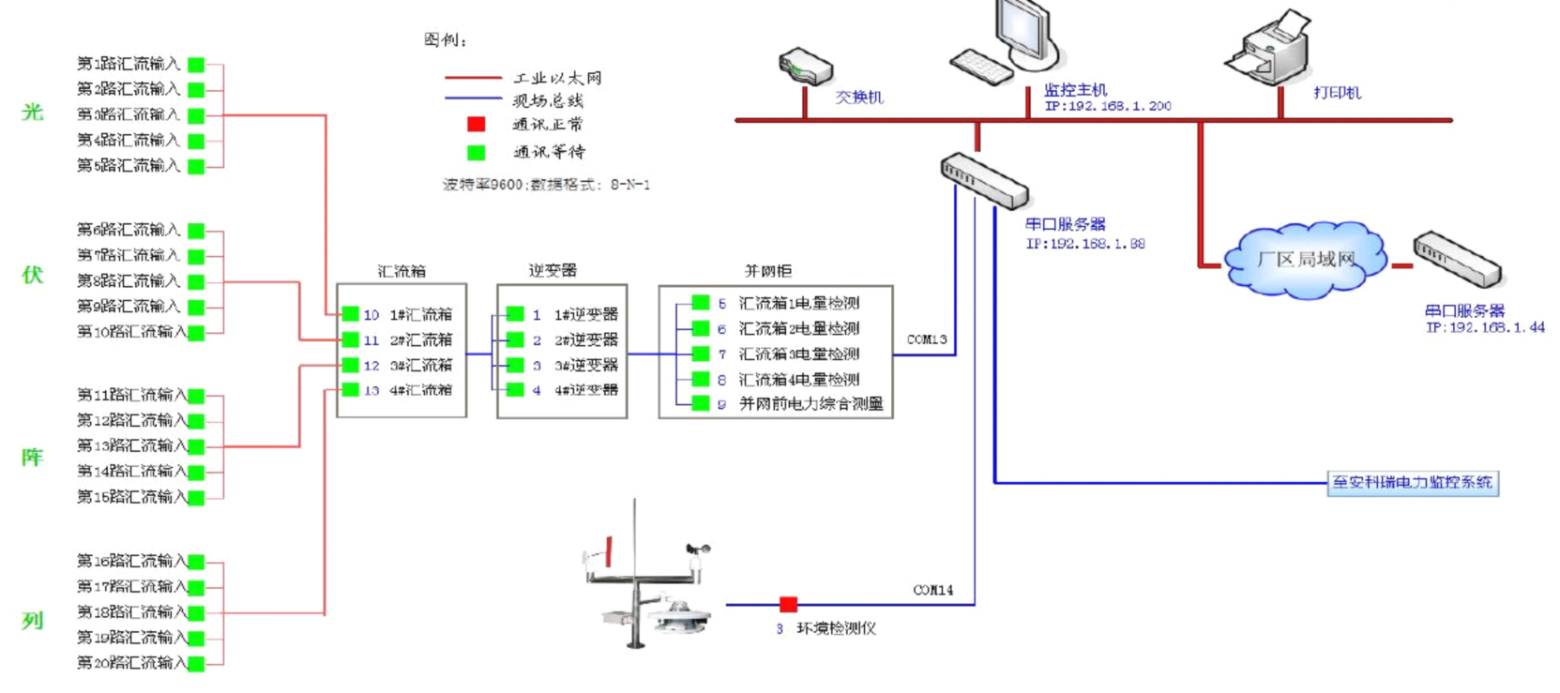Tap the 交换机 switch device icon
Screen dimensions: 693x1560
pyautogui.click(x=805, y=68)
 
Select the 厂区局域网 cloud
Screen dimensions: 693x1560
pyautogui.click(x=1305, y=260)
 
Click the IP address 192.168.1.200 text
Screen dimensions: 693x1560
pyautogui.click(x=1108, y=106)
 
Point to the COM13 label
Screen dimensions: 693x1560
pyautogui.click(x=927, y=339)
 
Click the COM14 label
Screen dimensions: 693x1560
pyautogui.click(x=932, y=590)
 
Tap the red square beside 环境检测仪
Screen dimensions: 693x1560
pyautogui.click(x=788, y=605)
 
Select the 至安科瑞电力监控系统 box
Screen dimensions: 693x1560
pyautogui.click(x=1412, y=483)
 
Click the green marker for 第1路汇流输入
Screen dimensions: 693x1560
pyautogui.click(x=196, y=65)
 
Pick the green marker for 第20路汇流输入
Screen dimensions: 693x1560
pyautogui.click(x=196, y=664)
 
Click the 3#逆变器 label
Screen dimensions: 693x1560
pyautogui.click(x=586, y=366)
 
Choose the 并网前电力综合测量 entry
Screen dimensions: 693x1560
pyautogui.click(x=810, y=404)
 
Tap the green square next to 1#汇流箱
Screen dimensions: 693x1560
pyautogui.click(x=351, y=314)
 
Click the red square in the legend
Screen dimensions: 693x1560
pyautogui.click(x=477, y=125)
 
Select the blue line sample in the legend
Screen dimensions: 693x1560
pyautogui.click(x=473, y=98)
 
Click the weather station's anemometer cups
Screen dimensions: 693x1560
pyautogui.click(x=697, y=549)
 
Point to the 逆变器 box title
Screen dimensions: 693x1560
pyautogui.click(x=553, y=271)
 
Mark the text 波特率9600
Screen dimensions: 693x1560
pyautogui.click(x=482, y=185)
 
